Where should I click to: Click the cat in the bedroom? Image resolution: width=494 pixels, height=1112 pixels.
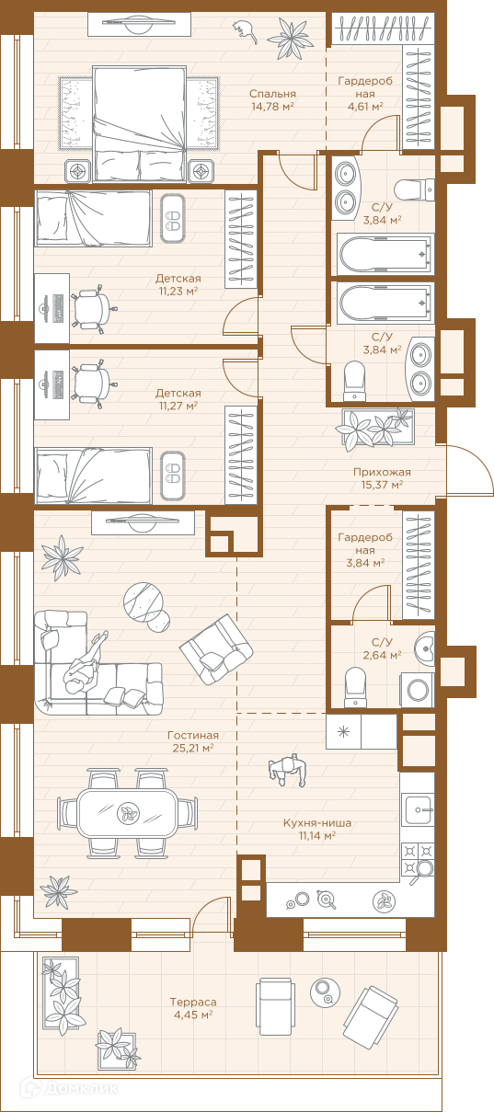pos(246,30)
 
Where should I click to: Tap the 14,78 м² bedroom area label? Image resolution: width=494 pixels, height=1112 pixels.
pos(272,106)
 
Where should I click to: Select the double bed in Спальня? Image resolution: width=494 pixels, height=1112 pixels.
pos(140,124)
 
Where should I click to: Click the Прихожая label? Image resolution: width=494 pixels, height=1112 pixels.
pos(382,472)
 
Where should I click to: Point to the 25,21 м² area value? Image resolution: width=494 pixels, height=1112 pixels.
pos(193,748)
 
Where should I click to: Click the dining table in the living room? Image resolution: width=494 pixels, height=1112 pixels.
pos(127,813)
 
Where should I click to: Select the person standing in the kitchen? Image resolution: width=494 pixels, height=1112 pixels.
pos(287,769)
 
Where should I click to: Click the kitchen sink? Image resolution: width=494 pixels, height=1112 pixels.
pos(418,809)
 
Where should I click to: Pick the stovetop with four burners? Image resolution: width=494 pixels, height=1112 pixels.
pos(418,858)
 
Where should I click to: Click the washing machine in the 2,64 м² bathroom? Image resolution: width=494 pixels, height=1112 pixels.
pos(418,690)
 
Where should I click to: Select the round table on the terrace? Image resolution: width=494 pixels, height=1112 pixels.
pos(326,992)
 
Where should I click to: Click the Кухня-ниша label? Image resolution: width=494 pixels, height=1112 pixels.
pos(317,822)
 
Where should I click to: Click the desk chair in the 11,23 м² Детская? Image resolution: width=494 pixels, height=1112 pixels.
pos(92,308)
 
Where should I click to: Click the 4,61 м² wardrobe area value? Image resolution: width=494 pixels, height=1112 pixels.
pos(365,106)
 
